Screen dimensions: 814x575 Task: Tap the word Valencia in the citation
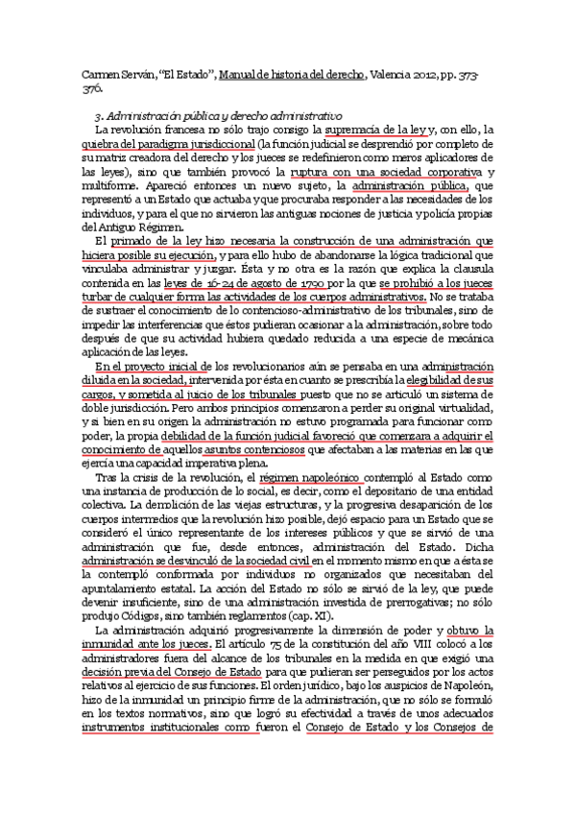click(396, 73)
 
